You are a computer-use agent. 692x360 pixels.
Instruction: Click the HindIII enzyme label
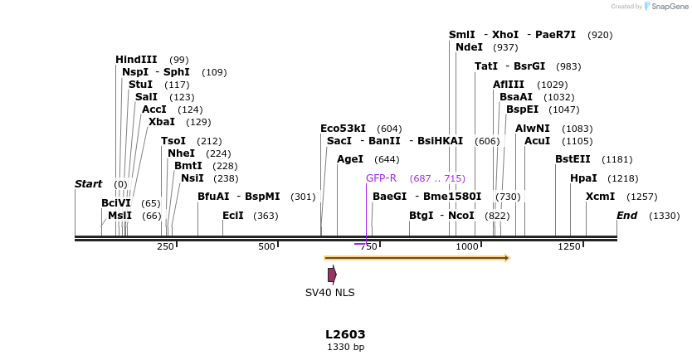[136, 60]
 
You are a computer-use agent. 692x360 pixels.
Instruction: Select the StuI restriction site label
[140, 85]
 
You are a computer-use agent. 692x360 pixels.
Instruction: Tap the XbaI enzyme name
[161, 122]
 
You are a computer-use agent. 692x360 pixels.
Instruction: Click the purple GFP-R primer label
[381, 178]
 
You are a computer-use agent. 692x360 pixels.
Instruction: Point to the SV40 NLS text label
[329, 293]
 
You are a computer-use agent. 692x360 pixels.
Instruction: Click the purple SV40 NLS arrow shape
[332, 275]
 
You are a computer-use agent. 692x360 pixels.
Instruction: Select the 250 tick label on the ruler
[165, 247]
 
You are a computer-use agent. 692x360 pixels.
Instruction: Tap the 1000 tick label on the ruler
[467, 247]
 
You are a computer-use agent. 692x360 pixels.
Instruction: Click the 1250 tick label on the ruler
[569, 247]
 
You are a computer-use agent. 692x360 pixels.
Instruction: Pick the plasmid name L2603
[345, 334]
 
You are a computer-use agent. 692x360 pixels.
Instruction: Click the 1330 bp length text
[345, 348]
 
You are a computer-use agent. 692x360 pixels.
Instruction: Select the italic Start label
[87, 184]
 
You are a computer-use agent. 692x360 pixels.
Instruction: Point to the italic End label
[626, 216]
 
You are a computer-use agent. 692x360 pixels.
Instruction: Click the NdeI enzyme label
[469, 47]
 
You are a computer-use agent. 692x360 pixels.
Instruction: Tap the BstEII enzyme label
[573, 159]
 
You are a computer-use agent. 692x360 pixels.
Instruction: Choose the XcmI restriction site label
[600, 197]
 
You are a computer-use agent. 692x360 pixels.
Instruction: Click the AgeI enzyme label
[350, 159]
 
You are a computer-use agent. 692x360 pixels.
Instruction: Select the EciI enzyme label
[233, 216]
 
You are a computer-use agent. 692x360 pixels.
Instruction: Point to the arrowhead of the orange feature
[506, 258]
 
